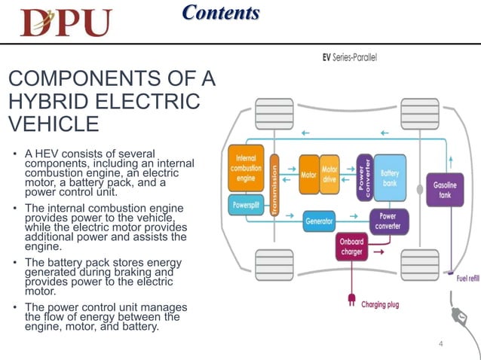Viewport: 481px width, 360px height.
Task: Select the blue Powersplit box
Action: point(245,204)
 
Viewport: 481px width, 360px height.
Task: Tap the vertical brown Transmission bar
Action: point(275,191)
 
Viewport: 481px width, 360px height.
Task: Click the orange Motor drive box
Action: point(330,175)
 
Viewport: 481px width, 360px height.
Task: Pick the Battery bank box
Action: point(390,178)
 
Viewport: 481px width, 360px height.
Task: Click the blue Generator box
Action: point(320,221)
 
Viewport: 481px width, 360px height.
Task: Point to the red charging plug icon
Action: point(351,299)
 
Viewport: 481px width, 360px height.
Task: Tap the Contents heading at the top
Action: point(221,13)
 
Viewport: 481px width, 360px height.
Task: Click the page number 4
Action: point(442,344)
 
